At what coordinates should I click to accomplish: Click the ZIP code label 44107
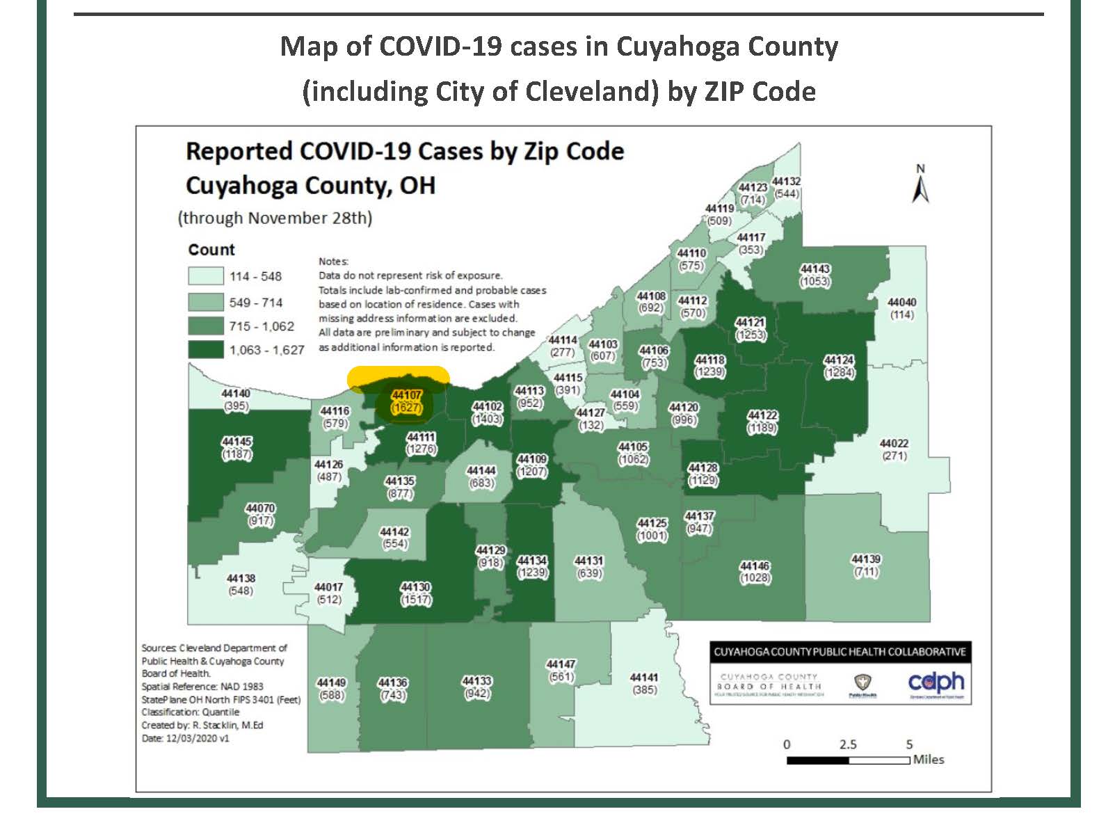(406, 395)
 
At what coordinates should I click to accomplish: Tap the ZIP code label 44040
(901, 303)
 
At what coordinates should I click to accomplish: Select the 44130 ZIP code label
(415, 587)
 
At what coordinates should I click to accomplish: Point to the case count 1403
(487, 419)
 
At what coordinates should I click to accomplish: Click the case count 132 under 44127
(591, 425)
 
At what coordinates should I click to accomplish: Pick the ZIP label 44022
(894, 444)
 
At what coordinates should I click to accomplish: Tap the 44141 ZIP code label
(644, 678)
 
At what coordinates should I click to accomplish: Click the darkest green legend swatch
(206, 349)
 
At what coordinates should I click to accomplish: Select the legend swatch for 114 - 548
(206, 276)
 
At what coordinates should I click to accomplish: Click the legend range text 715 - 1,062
(262, 326)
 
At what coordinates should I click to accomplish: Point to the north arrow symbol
(921, 186)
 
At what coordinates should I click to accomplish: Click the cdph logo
(936, 682)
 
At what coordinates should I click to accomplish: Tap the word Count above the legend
(211, 250)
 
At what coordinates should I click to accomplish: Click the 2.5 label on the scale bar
(848, 744)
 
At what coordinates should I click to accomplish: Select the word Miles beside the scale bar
(929, 760)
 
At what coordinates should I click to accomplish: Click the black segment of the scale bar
(817, 760)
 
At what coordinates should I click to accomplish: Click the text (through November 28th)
(275, 218)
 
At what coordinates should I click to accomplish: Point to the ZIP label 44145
(236, 442)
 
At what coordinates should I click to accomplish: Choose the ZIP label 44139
(866, 559)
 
